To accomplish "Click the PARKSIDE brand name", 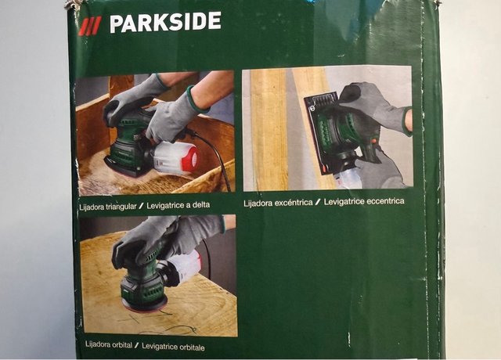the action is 165,22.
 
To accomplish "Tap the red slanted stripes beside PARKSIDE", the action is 90,26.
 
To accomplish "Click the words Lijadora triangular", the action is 108,207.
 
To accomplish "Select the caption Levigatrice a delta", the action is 178,205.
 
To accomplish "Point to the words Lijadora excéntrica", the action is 278,203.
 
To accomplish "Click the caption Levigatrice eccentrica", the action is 364,202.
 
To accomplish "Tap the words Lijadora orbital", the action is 109,344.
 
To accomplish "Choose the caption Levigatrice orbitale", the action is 173,347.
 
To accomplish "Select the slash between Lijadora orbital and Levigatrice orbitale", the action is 137,345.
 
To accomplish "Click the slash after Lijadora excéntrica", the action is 318,202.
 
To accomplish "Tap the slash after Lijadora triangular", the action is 141,206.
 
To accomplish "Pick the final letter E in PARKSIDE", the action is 214,21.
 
